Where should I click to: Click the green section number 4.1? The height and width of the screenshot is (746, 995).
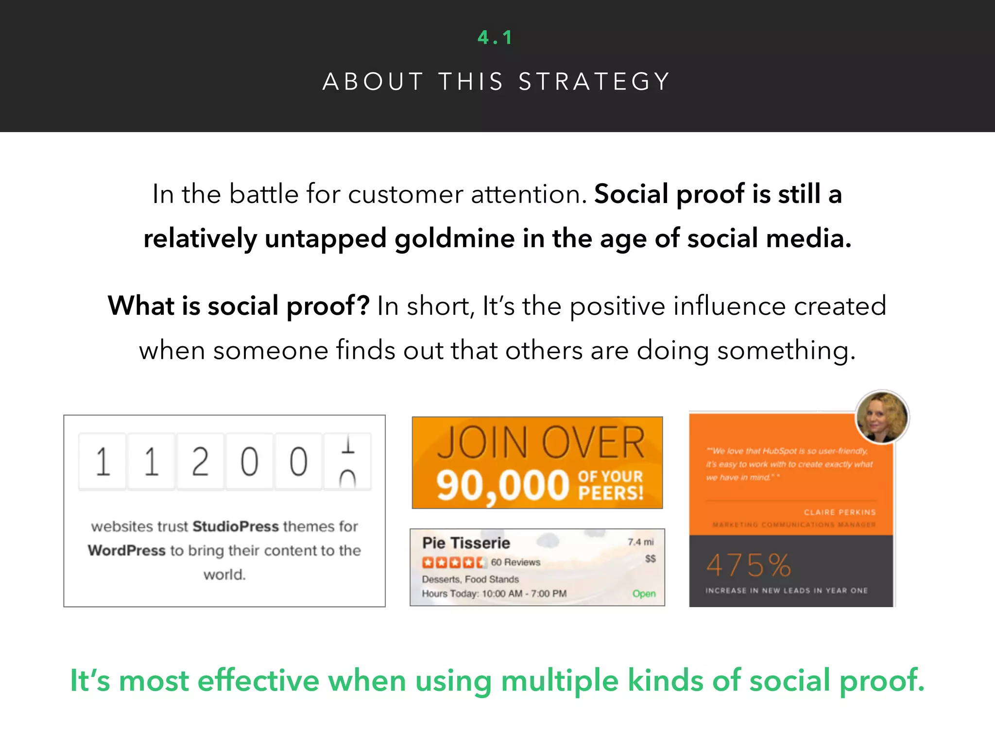(495, 37)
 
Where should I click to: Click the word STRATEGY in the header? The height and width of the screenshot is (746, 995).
(595, 82)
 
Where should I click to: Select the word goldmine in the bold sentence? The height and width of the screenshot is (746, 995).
(454, 238)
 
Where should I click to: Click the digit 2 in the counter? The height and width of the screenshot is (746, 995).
(200, 461)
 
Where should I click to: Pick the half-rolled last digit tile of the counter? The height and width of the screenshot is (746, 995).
(347, 461)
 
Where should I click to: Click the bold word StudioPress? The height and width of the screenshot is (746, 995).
(236, 526)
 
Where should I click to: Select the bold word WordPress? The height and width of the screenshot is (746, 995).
(127, 550)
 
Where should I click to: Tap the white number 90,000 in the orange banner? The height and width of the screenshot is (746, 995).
(502, 485)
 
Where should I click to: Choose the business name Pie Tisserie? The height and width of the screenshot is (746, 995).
(466, 543)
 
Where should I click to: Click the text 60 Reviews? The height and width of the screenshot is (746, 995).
(515, 562)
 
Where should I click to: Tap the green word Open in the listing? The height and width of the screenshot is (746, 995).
(644, 593)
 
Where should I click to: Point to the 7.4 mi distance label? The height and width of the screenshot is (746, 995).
(640, 542)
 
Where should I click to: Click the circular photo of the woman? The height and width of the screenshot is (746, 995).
(881, 417)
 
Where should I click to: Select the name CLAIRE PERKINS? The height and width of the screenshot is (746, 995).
(840, 512)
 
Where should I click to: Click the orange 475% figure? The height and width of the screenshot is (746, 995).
(748, 565)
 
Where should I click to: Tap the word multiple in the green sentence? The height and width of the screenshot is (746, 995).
(559, 680)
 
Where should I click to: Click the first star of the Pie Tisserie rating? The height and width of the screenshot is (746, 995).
(428, 562)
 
